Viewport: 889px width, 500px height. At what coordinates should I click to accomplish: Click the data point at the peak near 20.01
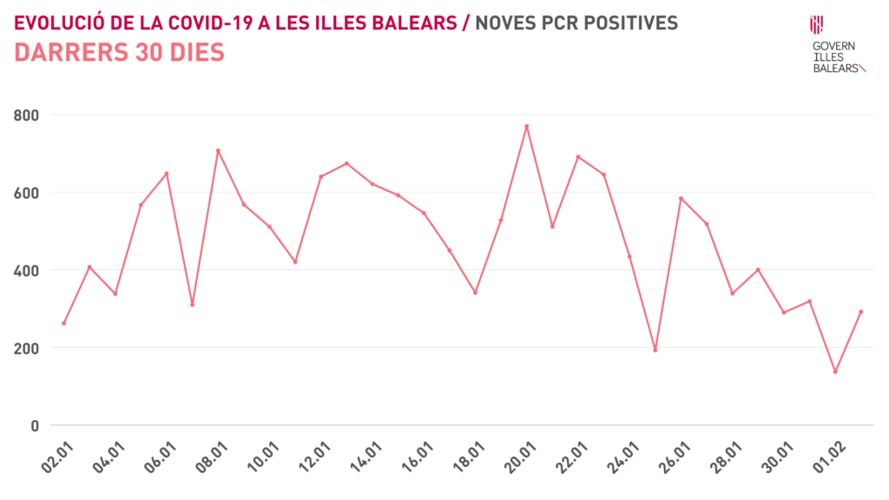tap(526, 126)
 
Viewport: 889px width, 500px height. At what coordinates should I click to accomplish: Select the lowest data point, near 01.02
tap(835, 372)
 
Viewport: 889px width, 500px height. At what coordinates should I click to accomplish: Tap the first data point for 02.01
tap(63, 324)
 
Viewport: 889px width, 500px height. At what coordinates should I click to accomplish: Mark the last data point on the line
tap(860, 312)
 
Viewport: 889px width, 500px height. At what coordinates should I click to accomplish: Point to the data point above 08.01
tap(218, 150)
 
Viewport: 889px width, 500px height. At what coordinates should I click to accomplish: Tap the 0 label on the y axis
tap(35, 425)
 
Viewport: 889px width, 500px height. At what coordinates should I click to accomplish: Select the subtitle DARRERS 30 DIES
tap(120, 53)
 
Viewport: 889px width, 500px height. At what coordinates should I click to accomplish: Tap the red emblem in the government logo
tap(816, 23)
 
